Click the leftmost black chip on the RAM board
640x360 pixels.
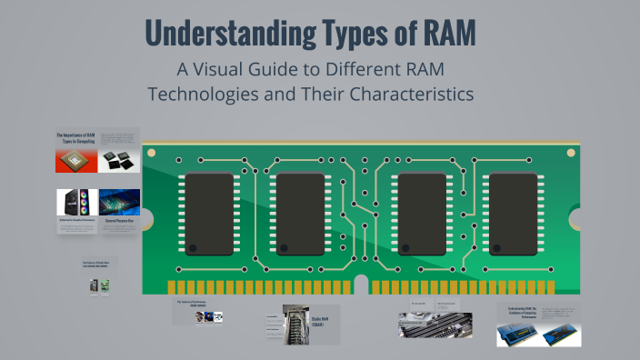[210, 213]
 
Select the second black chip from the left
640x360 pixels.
[301, 213]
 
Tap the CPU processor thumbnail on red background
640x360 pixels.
[76, 161]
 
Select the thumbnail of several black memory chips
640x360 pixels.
[119, 162]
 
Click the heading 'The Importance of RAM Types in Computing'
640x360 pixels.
[76, 138]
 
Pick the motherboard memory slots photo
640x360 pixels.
[435, 325]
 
